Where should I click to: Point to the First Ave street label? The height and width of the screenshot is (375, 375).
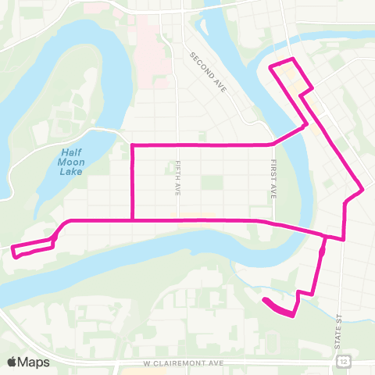(274, 180)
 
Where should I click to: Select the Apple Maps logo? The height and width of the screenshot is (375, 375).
(29, 362)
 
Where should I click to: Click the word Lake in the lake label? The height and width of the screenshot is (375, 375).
(77, 170)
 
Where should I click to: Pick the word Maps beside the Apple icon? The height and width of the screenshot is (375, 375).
(35, 362)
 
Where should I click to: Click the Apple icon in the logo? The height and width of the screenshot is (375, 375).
(12, 361)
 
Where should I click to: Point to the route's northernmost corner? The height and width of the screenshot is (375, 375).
(291, 59)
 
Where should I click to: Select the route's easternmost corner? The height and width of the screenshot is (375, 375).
(363, 189)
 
